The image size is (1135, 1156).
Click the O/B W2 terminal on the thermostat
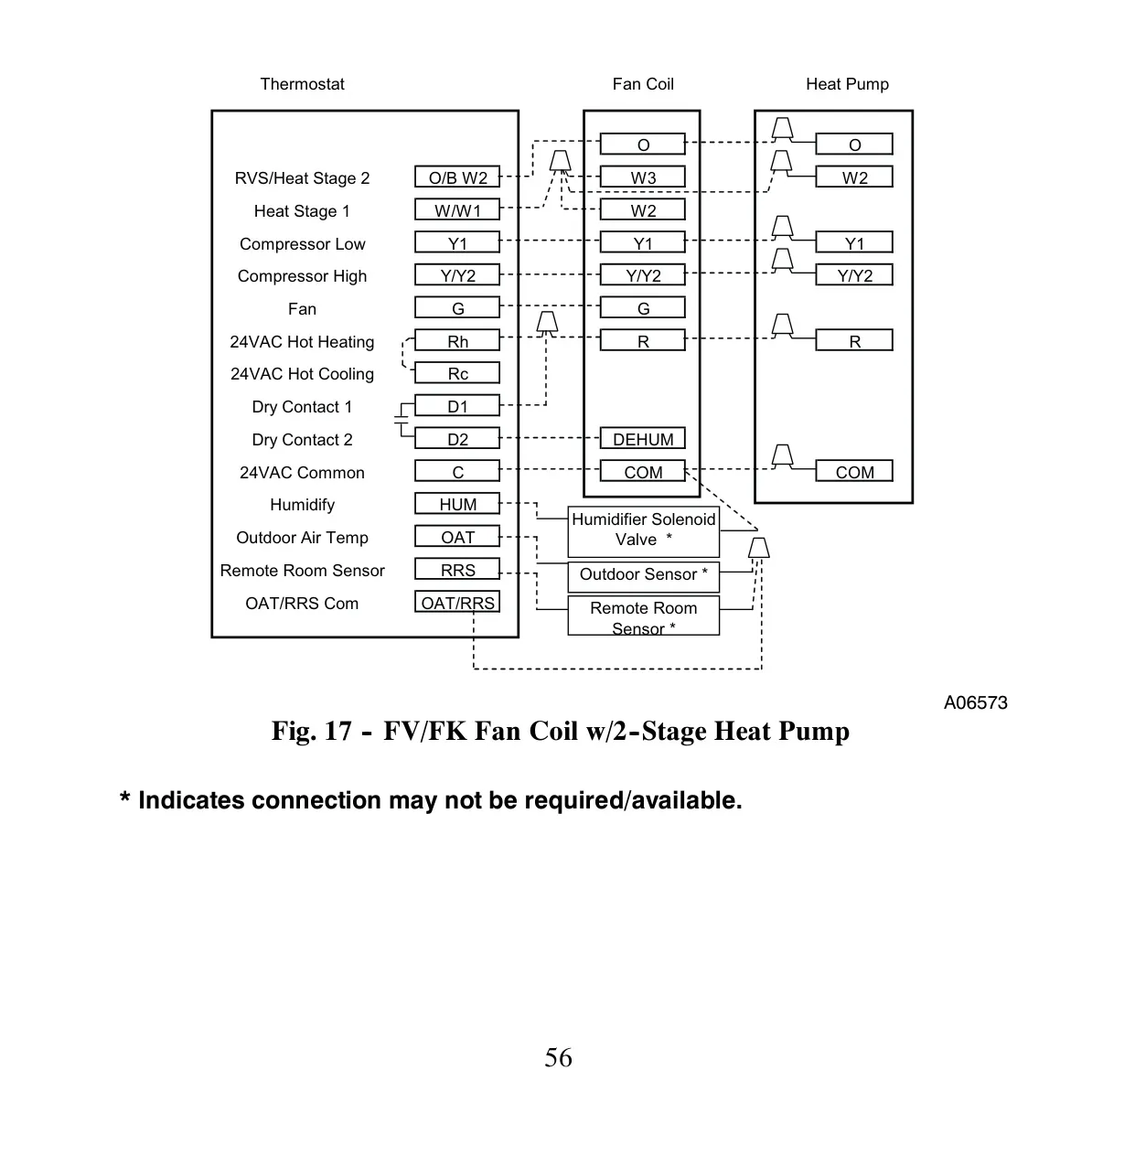click(x=456, y=177)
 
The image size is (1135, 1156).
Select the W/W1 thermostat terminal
click(x=456, y=210)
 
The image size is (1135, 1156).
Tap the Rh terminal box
click(x=456, y=341)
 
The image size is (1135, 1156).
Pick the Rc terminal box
click(x=456, y=373)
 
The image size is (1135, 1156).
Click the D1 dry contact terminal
click(x=456, y=406)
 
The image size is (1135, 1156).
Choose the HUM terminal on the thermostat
click(x=456, y=504)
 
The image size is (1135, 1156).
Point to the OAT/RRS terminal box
click(x=456, y=603)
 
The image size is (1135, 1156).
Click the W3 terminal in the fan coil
click(x=642, y=177)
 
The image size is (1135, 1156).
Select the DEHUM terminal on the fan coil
click(x=642, y=438)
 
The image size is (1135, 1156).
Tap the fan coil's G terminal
click(x=642, y=307)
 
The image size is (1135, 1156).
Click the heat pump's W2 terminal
click(x=853, y=177)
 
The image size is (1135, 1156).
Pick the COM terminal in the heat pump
click(x=853, y=472)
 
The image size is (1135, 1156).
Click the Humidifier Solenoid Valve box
click(x=644, y=531)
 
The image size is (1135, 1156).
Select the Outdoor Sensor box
click(x=644, y=576)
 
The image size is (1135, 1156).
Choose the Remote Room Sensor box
click(x=644, y=615)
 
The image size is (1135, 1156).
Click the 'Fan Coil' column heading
click(x=643, y=84)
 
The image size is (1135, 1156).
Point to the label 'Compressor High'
click(x=302, y=276)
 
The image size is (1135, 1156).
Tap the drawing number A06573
click(x=975, y=702)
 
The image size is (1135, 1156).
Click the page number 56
click(x=558, y=1057)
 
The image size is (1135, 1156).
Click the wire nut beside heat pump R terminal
click(x=782, y=325)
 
